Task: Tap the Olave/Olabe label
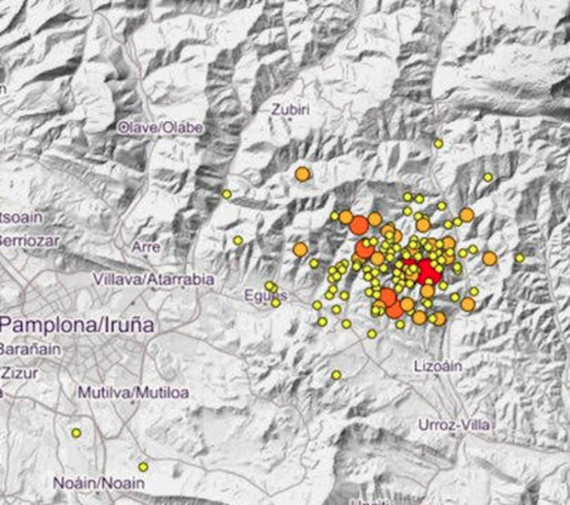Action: point(160,127)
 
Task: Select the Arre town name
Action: point(147,247)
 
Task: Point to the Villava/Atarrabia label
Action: point(147,279)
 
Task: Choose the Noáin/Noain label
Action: point(90,482)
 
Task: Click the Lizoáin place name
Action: point(437,365)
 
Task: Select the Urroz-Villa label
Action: point(454,425)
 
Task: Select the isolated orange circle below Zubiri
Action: point(303,174)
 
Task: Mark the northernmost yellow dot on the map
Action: point(439,144)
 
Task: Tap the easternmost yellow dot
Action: point(520,258)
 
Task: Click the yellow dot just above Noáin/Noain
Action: point(143,467)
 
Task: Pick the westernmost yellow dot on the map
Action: point(76,433)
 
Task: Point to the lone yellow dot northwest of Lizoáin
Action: point(336,375)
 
